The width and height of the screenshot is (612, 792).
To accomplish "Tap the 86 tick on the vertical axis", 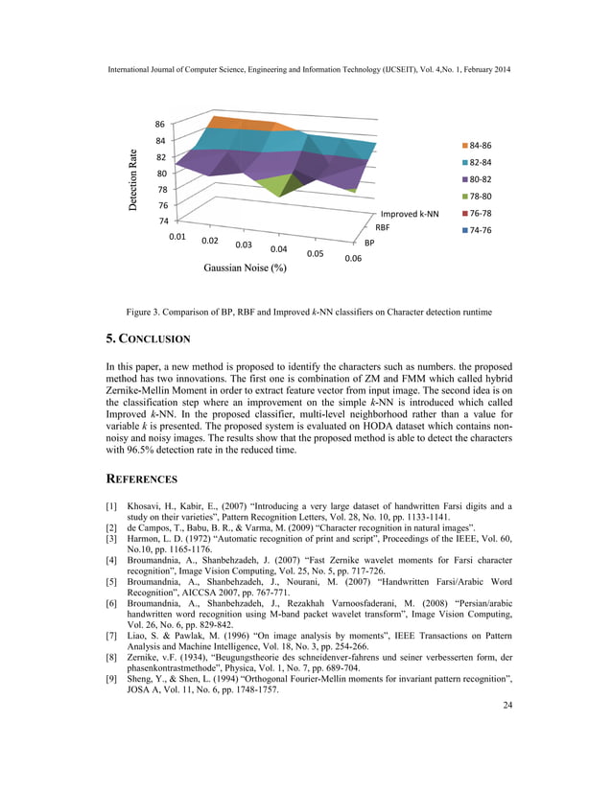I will [160, 125].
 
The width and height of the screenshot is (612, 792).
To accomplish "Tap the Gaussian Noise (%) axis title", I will [246, 268].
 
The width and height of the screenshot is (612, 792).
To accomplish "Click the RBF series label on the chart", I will [382, 228].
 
